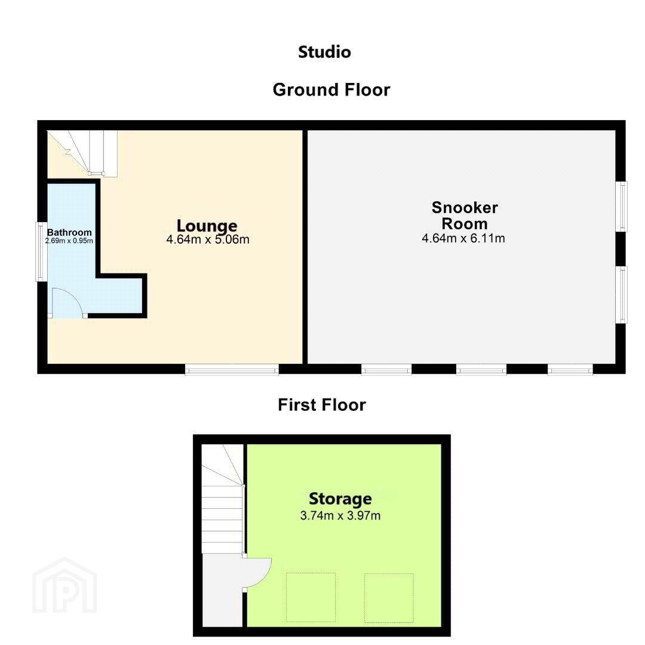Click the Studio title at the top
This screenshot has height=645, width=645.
tap(324, 52)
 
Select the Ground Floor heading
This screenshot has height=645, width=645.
tap(331, 90)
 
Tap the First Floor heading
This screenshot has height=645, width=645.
tap(322, 405)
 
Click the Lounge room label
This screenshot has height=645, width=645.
tap(207, 225)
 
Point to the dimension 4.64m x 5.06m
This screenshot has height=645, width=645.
tap(208, 239)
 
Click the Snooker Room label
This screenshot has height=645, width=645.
tap(465, 216)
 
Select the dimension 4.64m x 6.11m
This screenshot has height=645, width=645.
tap(463, 238)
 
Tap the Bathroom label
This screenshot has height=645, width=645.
tap(69, 232)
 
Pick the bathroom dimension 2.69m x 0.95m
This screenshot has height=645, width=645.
tap(69, 241)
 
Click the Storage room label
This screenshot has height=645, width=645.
tap(340, 499)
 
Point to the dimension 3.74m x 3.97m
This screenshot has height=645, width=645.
tap(340, 515)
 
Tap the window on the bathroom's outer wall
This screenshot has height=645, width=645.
tap(41, 252)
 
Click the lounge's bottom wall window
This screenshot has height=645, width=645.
tap(232, 370)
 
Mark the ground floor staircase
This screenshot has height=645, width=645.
tap(82, 153)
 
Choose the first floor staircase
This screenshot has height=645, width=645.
tap(223, 499)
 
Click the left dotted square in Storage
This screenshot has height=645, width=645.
tap(311, 597)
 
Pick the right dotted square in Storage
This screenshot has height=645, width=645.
tap(389, 598)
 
